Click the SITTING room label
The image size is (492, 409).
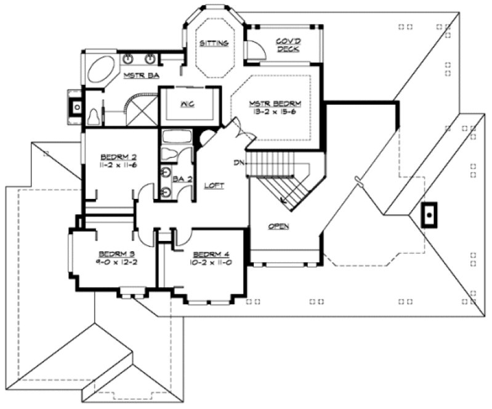click(214, 43)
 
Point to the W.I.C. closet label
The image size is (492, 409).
click(188, 104)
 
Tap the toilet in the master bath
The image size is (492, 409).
click(95, 116)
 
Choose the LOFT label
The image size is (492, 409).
click(214, 185)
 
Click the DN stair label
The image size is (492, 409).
click(239, 163)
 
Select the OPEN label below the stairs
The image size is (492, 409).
click(279, 226)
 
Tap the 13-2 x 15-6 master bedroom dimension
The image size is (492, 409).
click(279, 112)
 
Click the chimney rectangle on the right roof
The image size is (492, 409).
click(429, 216)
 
